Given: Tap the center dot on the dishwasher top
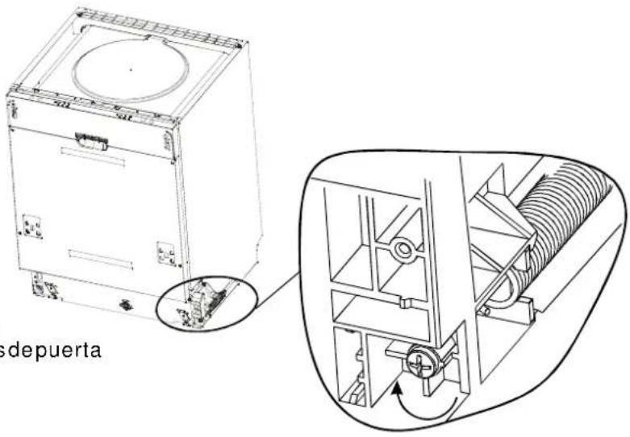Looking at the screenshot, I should [131, 70].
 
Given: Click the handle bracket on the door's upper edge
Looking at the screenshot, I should [91, 140].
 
